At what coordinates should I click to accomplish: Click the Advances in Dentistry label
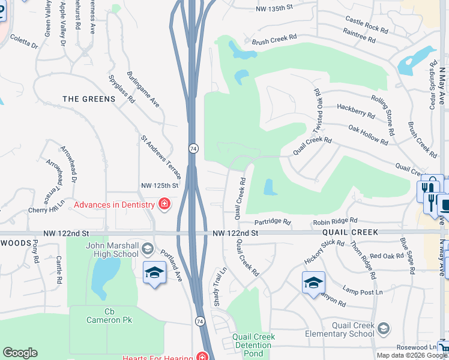(114, 205)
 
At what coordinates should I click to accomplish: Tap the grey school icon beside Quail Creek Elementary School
(384, 329)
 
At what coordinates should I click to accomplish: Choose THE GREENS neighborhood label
(88, 99)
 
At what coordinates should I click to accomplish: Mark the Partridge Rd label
(273, 222)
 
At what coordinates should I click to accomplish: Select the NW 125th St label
(160, 186)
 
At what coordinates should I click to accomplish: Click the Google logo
(20, 353)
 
